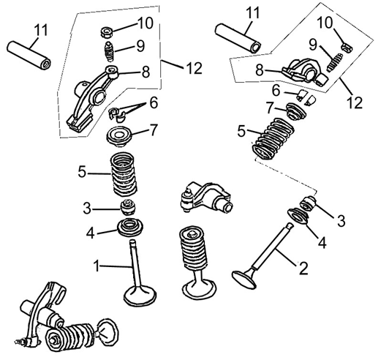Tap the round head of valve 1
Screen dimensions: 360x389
pyautogui.click(x=140, y=296)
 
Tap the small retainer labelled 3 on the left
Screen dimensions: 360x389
pyautogui.click(x=129, y=206)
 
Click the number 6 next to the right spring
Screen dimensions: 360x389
pyautogui.click(x=276, y=91)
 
